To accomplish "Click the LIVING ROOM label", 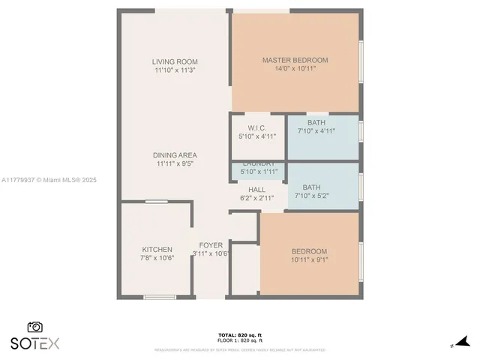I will (x=175, y=61).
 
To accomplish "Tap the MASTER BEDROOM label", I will (x=295, y=60).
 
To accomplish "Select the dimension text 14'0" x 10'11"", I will (x=295, y=69).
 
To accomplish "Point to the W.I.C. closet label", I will (x=257, y=127).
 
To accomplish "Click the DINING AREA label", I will (x=175, y=155).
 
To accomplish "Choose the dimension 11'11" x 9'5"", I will (x=175, y=163).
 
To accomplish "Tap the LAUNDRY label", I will (x=257, y=163).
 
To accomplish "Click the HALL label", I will (x=257, y=190).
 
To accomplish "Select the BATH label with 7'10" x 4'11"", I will (x=316, y=122).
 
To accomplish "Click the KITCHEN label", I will (x=157, y=250).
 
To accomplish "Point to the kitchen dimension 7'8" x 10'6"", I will (x=157, y=258).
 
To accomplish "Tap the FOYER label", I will (x=211, y=244).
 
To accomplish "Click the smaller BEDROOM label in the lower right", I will (x=309, y=251).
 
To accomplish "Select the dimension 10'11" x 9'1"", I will (x=309, y=260).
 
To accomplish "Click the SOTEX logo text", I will (x=34, y=343).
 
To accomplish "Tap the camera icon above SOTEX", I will (x=34, y=327).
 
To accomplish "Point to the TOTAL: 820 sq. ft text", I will (x=239, y=335).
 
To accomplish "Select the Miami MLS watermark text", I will (x=49, y=180).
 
